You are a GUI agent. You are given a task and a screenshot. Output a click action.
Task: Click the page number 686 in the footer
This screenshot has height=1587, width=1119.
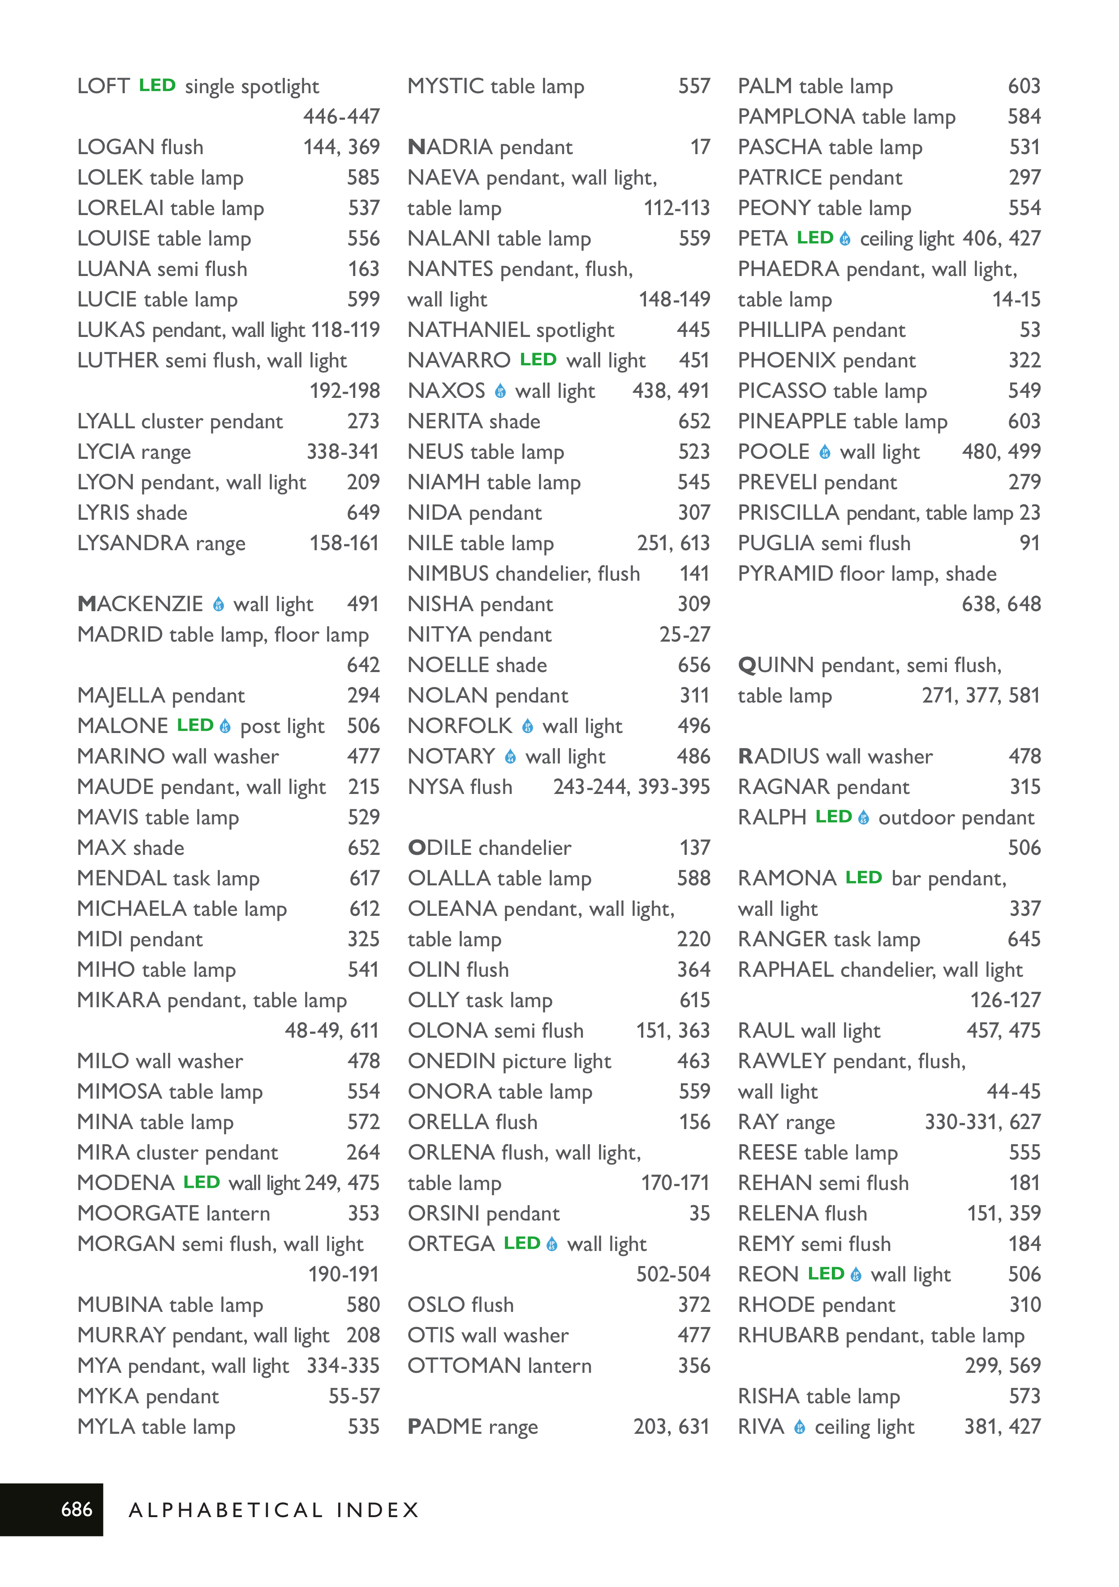[x=76, y=1509]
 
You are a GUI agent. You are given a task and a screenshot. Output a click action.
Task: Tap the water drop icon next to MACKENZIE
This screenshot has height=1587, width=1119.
[x=219, y=605]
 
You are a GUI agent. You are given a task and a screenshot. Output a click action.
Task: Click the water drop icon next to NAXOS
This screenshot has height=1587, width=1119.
[x=500, y=391]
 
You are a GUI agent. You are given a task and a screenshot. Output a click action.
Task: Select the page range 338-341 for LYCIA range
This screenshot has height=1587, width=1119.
[x=343, y=452]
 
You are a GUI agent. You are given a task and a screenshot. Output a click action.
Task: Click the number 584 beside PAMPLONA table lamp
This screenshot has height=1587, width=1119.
[x=1024, y=117]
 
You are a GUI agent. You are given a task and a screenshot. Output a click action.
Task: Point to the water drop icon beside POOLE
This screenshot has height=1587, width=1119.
[x=825, y=452]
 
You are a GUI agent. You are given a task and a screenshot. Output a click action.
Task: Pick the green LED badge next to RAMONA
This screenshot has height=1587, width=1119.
[x=863, y=878]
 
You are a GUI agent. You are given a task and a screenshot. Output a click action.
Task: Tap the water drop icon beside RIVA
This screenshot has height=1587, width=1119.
[x=800, y=1427]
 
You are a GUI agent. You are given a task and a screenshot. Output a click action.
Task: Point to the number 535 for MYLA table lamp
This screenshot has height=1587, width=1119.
[x=364, y=1427]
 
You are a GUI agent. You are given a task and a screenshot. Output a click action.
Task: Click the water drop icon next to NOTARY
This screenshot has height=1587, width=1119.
[x=510, y=757]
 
